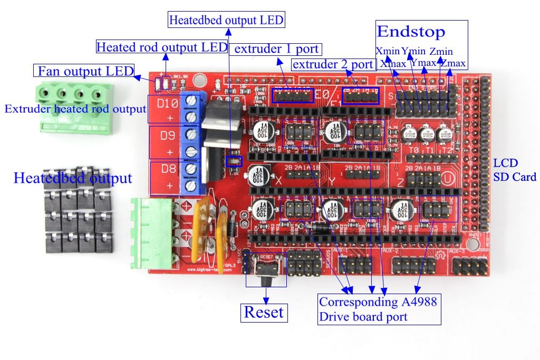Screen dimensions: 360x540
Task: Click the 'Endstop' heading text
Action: click(x=411, y=31)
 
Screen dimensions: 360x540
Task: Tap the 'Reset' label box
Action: click(x=263, y=312)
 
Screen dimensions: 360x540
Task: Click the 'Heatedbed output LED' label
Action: click(x=226, y=21)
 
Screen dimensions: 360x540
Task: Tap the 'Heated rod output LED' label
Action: click(x=162, y=47)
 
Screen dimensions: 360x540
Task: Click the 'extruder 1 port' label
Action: click(x=276, y=49)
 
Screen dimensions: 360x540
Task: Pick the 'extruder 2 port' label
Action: click(x=333, y=65)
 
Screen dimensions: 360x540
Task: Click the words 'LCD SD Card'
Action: click(x=514, y=170)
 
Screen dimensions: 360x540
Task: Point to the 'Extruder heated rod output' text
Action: click(x=75, y=110)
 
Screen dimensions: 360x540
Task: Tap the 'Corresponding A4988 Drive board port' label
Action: click(x=379, y=309)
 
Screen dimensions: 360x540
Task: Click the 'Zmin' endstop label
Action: click(x=441, y=52)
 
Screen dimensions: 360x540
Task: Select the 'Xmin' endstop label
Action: click(x=388, y=52)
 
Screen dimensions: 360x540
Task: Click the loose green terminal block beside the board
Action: click(x=71, y=105)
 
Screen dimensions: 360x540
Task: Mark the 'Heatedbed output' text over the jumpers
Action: click(x=73, y=178)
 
